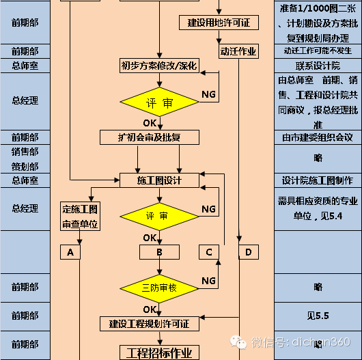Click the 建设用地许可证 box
219,23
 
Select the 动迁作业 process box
238,51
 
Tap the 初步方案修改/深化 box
159,66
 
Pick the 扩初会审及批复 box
150,137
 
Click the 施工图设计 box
159,180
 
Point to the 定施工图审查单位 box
80,216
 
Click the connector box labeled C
209,252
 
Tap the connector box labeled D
248,252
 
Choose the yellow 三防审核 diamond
159,288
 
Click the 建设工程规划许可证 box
149,323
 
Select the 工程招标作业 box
159,352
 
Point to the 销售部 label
25,152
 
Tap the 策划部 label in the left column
25,166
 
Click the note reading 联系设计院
318,66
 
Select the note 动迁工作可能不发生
318,51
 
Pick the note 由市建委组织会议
318,137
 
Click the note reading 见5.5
318,316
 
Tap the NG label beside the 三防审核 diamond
208,281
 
